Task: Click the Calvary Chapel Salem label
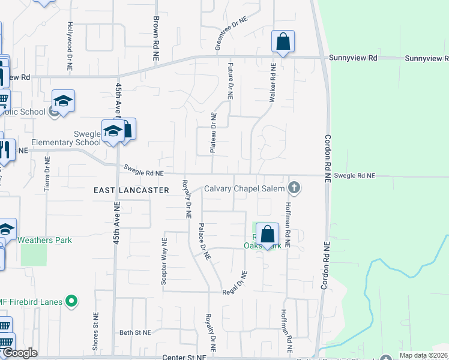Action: pyautogui.click(x=244, y=188)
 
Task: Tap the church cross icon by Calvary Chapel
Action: pyautogui.click(x=294, y=188)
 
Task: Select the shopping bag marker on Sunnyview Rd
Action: pyautogui.click(x=283, y=42)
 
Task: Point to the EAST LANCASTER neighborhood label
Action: pyautogui.click(x=131, y=190)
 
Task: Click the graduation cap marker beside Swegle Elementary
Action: pyautogui.click(x=112, y=132)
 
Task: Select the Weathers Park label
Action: pyautogui.click(x=44, y=240)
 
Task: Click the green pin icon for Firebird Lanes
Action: pyautogui.click(x=72, y=301)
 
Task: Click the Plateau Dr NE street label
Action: pyautogui.click(x=213, y=133)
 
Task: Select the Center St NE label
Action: pyautogui.click(x=184, y=356)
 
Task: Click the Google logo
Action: pyautogui.click(x=20, y=353)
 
